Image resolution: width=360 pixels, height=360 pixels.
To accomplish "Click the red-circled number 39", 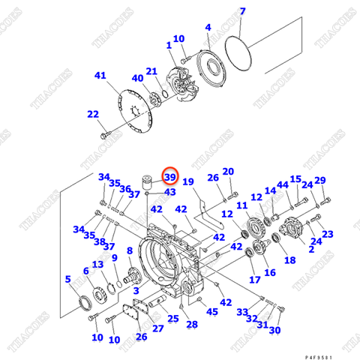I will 170,177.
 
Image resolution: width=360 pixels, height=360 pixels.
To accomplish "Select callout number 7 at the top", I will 242,11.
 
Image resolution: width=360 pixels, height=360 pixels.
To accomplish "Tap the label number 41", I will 101,76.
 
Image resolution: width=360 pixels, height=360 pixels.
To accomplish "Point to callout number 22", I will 92,114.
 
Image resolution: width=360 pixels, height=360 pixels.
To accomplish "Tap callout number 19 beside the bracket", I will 188,182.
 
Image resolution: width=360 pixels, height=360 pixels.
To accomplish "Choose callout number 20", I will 228,172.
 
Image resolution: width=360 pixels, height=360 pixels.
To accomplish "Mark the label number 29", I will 320,181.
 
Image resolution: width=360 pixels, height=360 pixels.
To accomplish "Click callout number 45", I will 212,312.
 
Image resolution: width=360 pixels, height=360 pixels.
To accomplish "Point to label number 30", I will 274,330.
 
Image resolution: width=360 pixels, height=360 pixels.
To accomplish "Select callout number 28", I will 192,324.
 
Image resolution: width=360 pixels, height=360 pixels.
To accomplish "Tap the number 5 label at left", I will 69,280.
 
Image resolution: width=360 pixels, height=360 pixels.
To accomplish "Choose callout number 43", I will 170,193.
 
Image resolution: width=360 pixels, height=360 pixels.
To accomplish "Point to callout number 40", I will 137,79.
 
